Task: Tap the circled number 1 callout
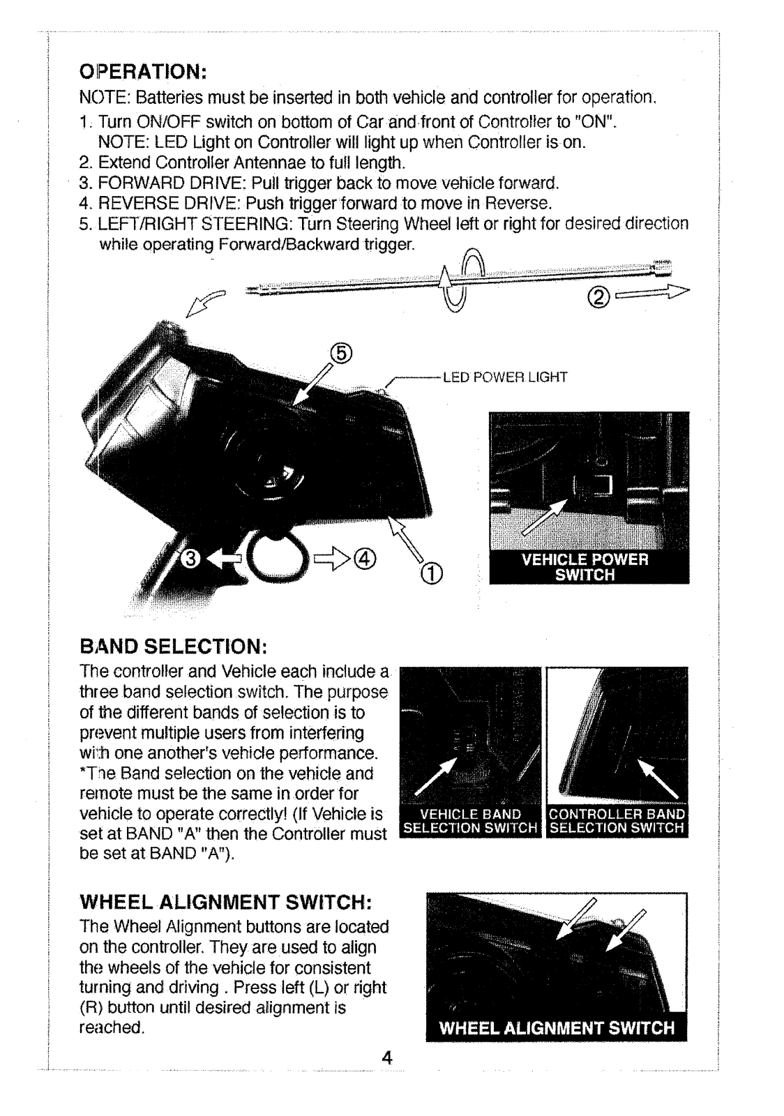click(432, 574)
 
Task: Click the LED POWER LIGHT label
click(504, 377)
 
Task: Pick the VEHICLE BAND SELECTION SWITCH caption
click(471, 821)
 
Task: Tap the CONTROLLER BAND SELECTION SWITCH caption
click(617, 821)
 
